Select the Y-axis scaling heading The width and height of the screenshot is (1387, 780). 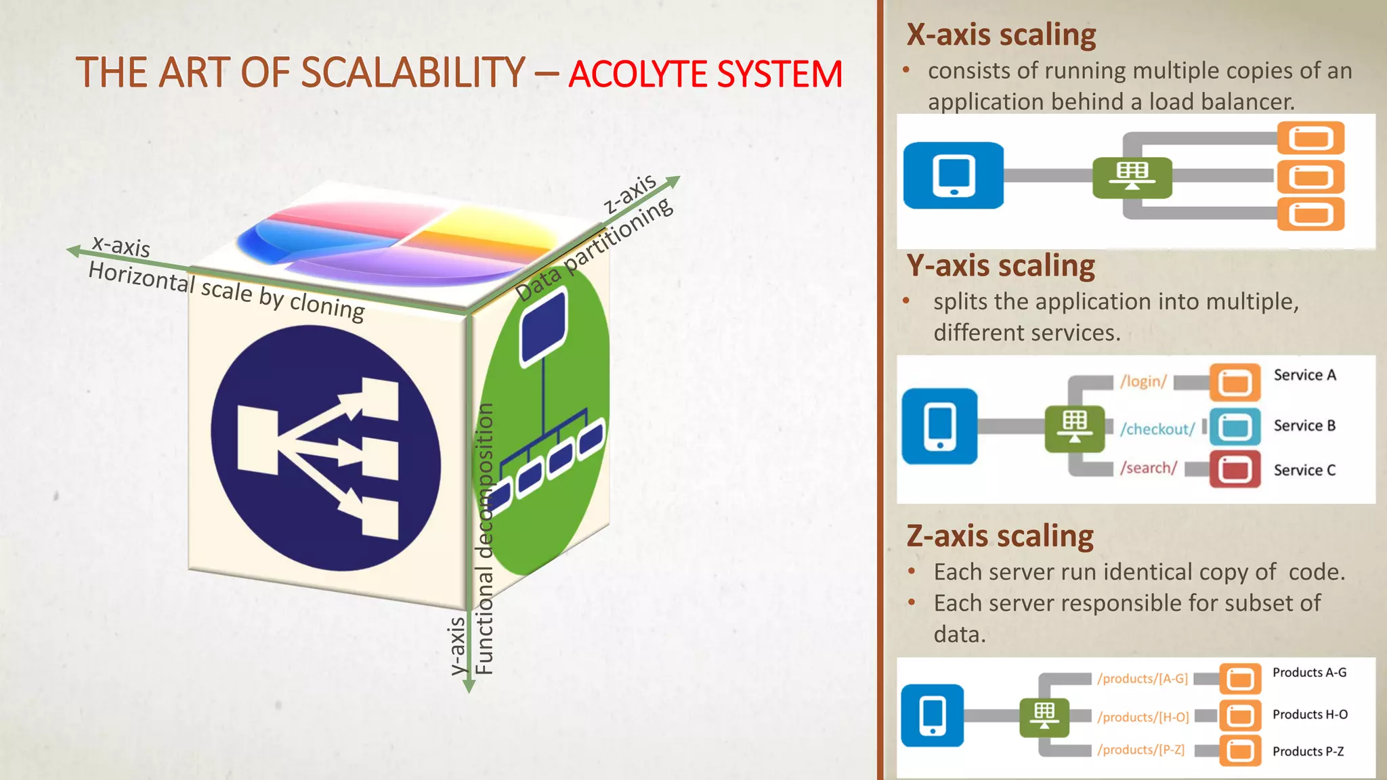coord(1000,266)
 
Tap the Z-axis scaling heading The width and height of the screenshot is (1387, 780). coord(1000,537)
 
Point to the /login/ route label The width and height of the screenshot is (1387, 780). coord(1143,382)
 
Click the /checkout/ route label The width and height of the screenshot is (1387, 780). coord(1157,429)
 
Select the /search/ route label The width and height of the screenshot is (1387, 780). coord(1148,468)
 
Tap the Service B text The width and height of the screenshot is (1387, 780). coord(1304,426)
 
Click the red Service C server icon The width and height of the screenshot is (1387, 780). coord(1235,469)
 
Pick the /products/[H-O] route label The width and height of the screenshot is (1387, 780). coord(1143,717)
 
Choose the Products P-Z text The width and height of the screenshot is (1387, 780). coord(1308,752)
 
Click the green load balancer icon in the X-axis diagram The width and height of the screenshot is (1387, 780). coord(1132,177)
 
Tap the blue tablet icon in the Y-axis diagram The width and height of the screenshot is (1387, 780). coord(939,427)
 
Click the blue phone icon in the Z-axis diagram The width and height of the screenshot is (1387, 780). coord(932,716)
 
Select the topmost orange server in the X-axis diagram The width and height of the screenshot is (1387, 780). coord(1310,138)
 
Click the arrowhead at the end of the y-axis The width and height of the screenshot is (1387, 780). coord(469,687)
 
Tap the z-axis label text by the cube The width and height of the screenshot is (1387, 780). coord(630,193)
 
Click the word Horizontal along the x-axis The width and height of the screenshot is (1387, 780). coord(141,276)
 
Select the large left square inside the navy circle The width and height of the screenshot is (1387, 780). coord(258,439)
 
